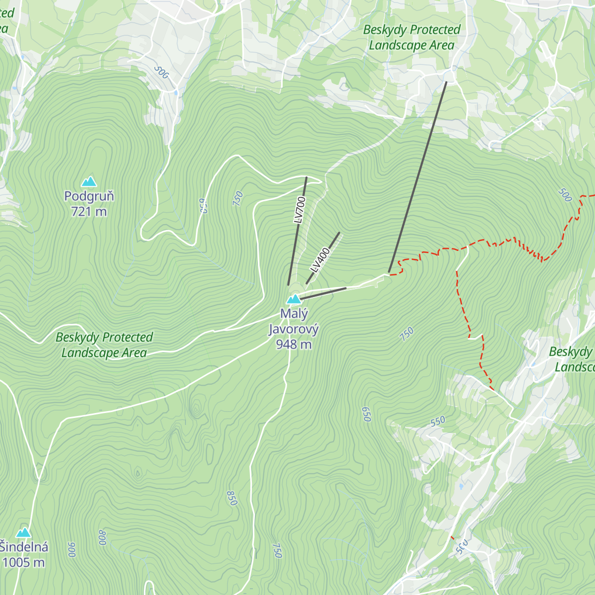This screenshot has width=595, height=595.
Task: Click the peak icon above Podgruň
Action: click(x=89, y=181)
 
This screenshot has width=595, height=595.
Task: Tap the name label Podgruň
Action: click(x=89, y=196)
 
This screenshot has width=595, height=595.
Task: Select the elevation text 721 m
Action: click(x=89, y=212)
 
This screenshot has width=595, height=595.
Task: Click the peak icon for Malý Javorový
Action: click(x=294, y=299)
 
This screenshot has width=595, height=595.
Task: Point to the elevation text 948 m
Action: click(x=294, y=344)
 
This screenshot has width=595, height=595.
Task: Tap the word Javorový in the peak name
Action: click(x=294, y=329)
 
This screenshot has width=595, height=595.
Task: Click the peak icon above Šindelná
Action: click(x=23, y=533)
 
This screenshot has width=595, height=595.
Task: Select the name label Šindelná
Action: click(x=24, y=547)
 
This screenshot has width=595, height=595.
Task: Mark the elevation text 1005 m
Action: click(x=24, y=562)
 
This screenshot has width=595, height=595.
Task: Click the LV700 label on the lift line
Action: click(x=299, y=210)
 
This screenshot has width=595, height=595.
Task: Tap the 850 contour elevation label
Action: click(x=232, y=498)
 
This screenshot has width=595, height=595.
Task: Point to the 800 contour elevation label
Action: click(x=102, y=537)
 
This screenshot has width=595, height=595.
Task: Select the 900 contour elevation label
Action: click(x=71, y=550)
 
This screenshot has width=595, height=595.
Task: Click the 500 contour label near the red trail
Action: click(x=565, y=195)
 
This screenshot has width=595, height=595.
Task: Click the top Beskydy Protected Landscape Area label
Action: click(x=412, y=38)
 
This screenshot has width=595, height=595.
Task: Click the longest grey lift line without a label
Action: click(x=418, y=177)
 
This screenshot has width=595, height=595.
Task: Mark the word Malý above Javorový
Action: click(x=294, y=314)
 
